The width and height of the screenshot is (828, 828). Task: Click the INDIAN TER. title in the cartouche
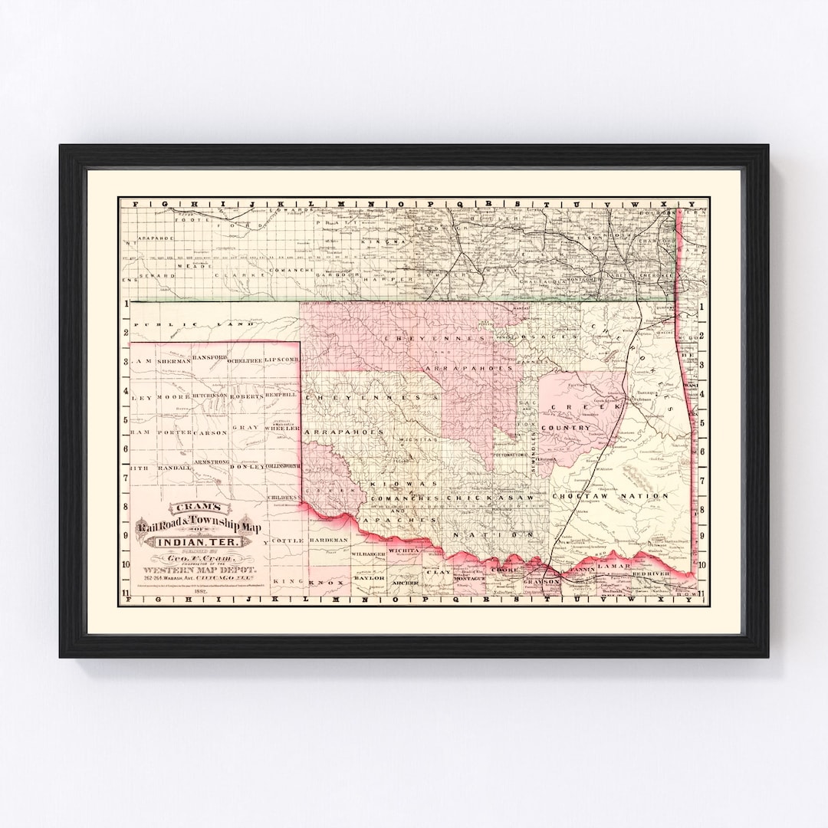(198, 543)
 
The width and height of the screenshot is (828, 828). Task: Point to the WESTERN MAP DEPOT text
(199, 570)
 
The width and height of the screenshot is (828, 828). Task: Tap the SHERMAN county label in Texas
(173, 360)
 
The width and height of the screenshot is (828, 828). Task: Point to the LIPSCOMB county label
(281, 359)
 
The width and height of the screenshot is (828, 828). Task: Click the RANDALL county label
(174, 467)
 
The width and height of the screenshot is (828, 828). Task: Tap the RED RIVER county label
(650, 573)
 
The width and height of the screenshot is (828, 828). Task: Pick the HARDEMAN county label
(329, 540)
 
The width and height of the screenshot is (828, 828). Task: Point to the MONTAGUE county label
(470, 578)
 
